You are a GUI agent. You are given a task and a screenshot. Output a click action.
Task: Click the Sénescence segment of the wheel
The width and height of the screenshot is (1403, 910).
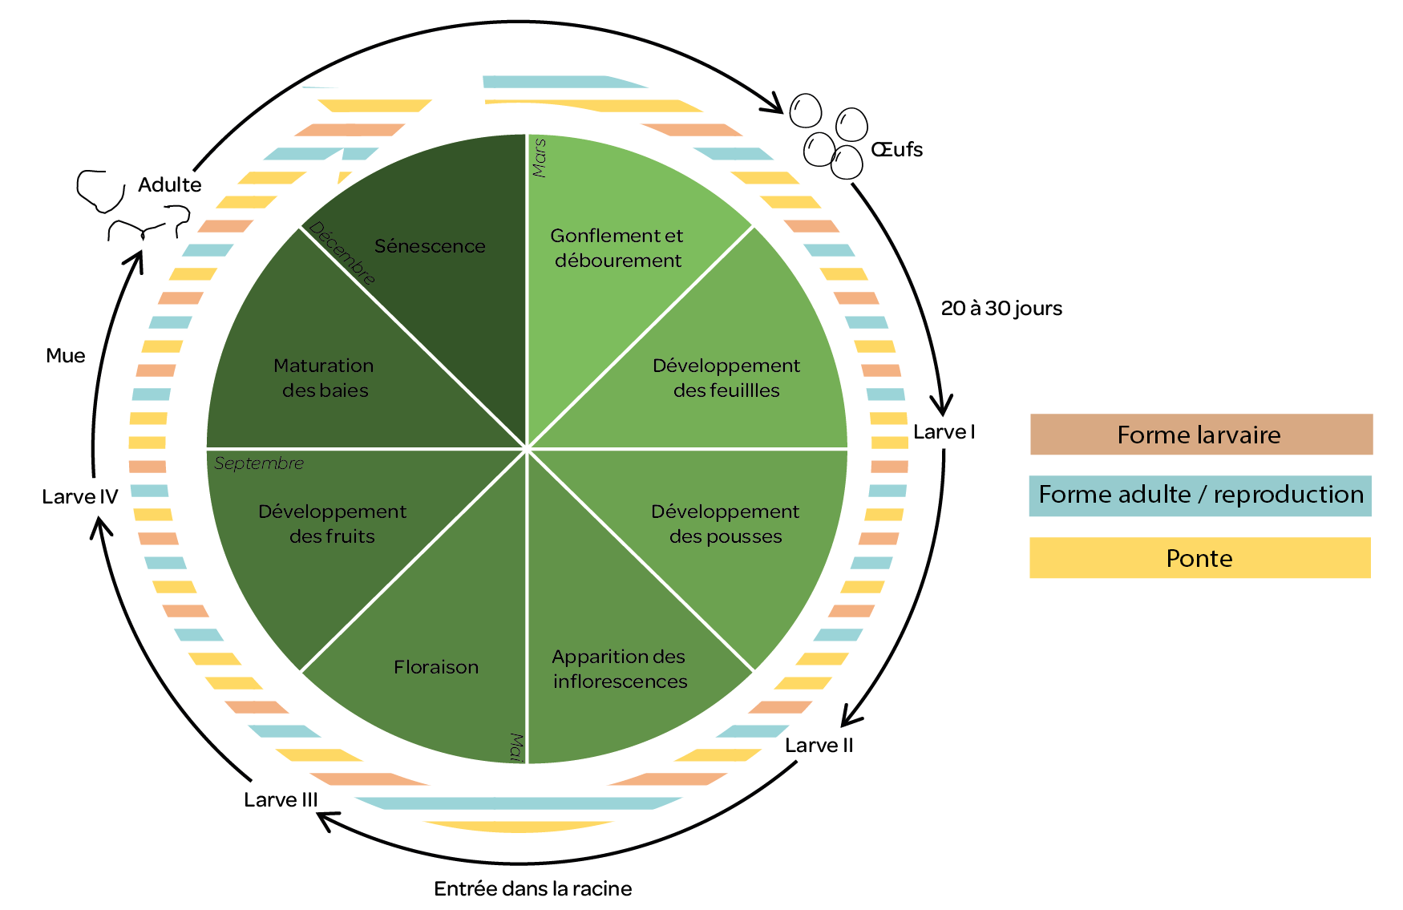click(431, 246)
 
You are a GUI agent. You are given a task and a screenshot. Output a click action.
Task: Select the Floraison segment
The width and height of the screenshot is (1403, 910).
click(435, 667)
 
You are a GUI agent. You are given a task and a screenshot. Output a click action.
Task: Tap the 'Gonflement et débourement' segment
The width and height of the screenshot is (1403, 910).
click(617, 248)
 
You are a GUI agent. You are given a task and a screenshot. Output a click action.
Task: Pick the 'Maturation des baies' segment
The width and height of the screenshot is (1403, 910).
click(324, 378)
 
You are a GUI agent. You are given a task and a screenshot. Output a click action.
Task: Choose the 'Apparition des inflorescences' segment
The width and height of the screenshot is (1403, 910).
click(620, 669)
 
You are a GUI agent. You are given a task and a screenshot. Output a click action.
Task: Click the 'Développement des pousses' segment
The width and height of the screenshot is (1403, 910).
click(726, 524)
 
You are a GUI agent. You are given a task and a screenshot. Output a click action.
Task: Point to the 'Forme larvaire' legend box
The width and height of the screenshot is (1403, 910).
click(1200, 435)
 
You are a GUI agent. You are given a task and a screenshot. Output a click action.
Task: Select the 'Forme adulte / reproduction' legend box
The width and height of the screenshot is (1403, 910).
click(1200, 495)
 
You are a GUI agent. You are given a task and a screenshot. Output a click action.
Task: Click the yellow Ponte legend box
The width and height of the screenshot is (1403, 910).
click(1199, 558)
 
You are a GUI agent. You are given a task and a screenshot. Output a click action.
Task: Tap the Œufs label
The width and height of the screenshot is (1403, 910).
click(897, 150)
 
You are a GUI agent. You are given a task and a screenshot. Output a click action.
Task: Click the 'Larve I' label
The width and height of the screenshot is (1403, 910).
click(944, 432)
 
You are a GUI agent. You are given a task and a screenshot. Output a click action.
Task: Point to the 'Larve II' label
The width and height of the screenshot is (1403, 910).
click(819, 746)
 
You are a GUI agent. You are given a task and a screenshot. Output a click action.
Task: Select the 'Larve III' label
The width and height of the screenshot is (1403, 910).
click(281, 800)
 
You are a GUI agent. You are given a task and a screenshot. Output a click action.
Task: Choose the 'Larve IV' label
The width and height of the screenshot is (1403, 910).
click(79, 497)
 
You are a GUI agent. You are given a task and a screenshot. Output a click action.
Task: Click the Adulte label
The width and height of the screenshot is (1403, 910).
click(169, 185)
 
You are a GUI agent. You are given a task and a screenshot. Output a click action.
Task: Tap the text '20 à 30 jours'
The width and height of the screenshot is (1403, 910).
click(1001, 309)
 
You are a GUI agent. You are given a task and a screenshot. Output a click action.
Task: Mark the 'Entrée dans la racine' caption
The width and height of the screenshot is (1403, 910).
click(532, 888)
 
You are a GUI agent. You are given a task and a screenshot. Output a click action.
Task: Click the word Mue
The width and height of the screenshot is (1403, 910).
click(66, 356)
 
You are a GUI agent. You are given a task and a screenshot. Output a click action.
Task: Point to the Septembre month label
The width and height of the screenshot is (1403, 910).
click(259, 463)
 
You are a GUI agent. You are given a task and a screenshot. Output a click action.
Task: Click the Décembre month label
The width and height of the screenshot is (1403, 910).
click(342, 253)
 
